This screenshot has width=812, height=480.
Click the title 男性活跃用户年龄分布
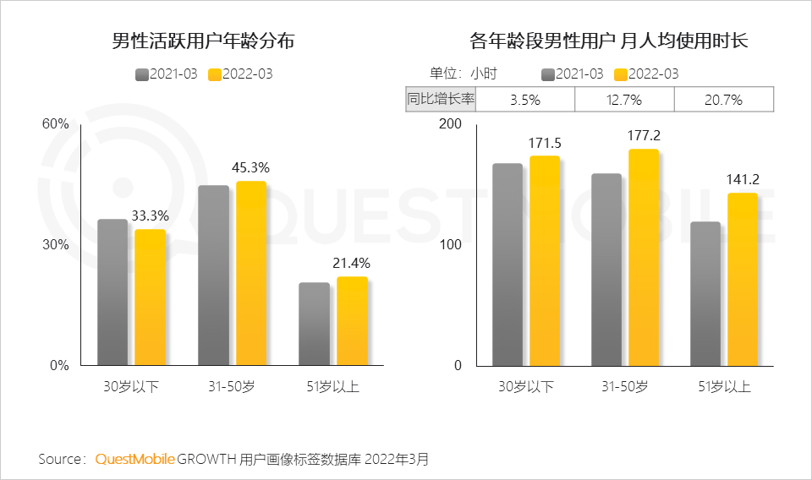tap(203, 41)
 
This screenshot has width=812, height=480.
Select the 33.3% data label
tap(151, 215)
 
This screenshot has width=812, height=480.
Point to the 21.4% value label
tap(352, 264)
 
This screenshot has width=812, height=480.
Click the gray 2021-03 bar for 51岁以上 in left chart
tap(314, 324)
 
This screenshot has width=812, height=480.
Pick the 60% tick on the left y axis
tap(56, 124)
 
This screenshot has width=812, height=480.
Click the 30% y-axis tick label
tap(56, 245)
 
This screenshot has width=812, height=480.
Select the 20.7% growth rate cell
tap(723, 100)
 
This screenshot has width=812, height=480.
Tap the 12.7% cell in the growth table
tap(623, 100)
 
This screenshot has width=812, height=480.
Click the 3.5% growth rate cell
tap(524, 100)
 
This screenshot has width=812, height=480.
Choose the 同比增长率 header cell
tap(441, 100)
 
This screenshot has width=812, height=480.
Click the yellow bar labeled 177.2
tap(644, 258)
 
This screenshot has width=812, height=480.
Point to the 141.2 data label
tap(743, 179)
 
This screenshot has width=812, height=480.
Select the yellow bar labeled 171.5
tap(545, 261)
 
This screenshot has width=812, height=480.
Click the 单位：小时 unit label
tap(463, 74)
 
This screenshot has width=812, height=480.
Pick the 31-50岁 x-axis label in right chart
tap(624, 387)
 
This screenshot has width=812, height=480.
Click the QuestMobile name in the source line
tap(135, 459)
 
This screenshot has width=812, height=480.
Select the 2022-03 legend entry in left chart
tap(241, 74)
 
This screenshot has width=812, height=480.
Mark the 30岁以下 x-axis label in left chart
tap(132, 387)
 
